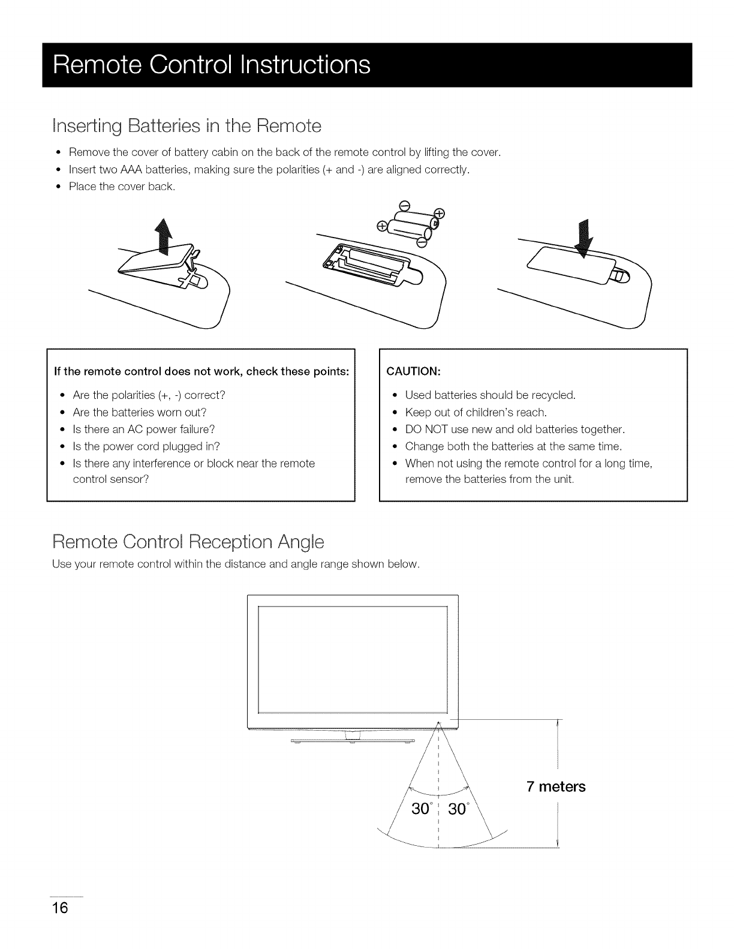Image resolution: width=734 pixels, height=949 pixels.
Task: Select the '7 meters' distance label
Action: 556,786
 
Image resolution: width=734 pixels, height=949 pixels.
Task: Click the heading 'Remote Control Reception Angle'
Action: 188,542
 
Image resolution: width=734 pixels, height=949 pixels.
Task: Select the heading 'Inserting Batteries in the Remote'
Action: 187,126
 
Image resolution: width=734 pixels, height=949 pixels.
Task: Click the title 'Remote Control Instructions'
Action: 212,65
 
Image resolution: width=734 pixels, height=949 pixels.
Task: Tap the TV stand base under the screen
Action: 353,742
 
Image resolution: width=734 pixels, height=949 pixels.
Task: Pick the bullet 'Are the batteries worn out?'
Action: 139,412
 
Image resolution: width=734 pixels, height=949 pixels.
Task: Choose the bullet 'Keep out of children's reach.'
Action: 476,412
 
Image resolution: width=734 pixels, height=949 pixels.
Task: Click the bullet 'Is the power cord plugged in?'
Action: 146,446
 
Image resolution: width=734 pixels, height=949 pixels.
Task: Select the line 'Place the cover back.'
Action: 122,187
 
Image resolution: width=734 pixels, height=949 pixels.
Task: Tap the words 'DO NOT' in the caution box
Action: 425,429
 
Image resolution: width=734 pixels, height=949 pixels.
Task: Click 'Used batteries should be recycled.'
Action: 490,395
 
